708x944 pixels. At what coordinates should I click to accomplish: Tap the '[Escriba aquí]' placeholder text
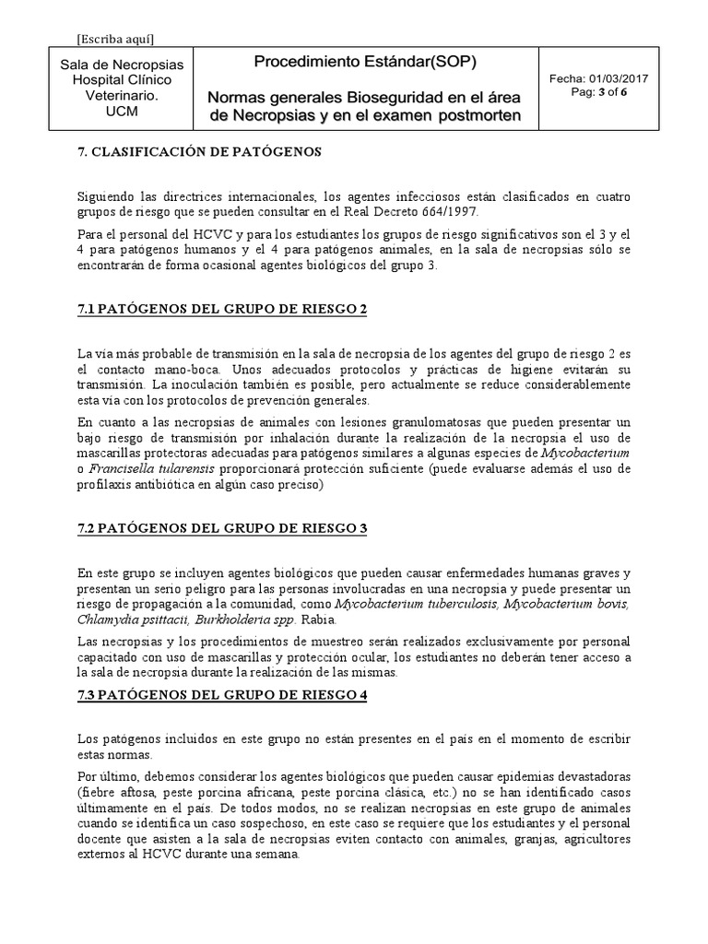pos(115,38)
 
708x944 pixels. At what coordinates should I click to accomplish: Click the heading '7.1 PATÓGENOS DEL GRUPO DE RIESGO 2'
pos(221,309)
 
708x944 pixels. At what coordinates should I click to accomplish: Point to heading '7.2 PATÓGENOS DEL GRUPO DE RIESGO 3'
pos(221,527)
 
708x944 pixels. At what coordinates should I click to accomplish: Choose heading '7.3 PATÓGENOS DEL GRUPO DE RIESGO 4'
pos(221,695)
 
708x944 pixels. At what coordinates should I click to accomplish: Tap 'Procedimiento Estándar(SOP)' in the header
pos(365,63)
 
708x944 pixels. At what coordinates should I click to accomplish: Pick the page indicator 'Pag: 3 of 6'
pos(600,93)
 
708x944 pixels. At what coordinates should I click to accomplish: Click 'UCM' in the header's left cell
pos(122,110)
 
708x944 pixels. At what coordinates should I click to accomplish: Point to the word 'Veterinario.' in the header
pos(122,95)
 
